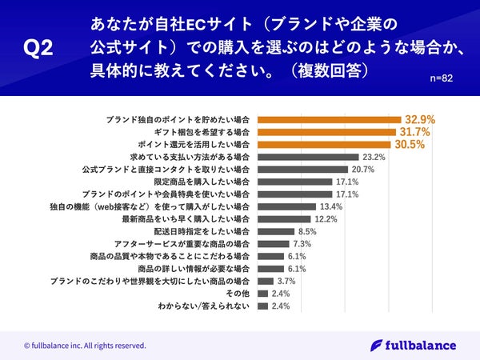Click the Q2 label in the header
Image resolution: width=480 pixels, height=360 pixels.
(38, 49)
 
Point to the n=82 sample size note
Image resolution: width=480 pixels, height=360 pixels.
(443, 79)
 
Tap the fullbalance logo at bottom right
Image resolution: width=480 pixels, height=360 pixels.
(414, 345)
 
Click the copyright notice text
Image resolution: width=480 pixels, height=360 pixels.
(85, 346)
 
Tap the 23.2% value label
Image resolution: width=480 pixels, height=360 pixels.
(374, 158)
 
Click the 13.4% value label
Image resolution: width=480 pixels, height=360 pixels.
(331, 206)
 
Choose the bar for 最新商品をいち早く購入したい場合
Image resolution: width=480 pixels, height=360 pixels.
(285, 219)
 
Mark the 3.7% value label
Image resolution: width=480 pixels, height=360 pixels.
(286, 282)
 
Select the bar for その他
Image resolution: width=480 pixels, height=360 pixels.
(263, 294)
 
